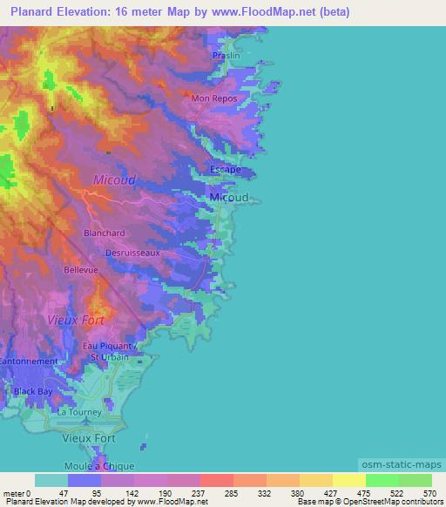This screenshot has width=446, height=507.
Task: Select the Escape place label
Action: [226, 170]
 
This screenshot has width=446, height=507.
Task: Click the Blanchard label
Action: [105, 233]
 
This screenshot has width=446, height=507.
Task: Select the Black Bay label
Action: [32, 391]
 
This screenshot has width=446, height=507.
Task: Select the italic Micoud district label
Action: [114, 180]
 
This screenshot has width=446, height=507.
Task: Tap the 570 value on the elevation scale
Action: [429, 493]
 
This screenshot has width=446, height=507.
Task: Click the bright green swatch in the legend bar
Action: [382, 480]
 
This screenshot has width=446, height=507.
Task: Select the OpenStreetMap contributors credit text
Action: [391, 502]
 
